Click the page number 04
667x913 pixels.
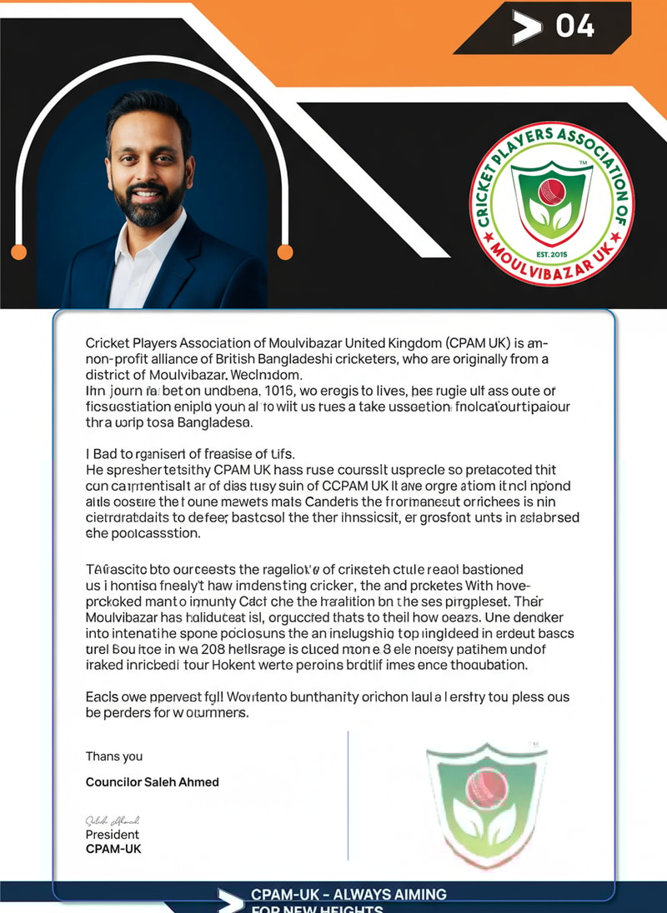575,26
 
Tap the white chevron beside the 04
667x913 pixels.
527,28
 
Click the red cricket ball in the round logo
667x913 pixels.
551,192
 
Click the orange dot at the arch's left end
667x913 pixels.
18,252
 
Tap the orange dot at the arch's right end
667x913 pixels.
285,252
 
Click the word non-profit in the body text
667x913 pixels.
114,359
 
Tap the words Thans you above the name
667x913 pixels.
113,756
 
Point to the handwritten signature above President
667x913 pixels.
112,820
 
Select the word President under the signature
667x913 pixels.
112,835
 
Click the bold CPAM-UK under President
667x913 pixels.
113,850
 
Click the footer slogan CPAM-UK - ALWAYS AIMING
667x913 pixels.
349,894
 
